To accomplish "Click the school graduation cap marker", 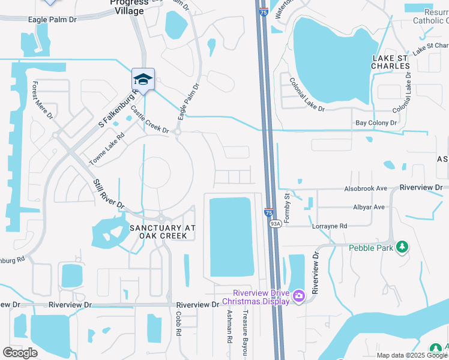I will coord(143,79).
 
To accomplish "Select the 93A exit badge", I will coord(275,224).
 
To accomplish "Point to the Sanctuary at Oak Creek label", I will coord(158,232).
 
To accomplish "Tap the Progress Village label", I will coord(127,7).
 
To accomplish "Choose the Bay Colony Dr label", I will coord(376,122).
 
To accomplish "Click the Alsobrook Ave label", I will coord(366,188).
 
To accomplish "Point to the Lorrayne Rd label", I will coord(330,226).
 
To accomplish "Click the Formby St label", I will coord(287,207).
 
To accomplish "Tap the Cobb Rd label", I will coord(179,326).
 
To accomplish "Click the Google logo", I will coord(20,353).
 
